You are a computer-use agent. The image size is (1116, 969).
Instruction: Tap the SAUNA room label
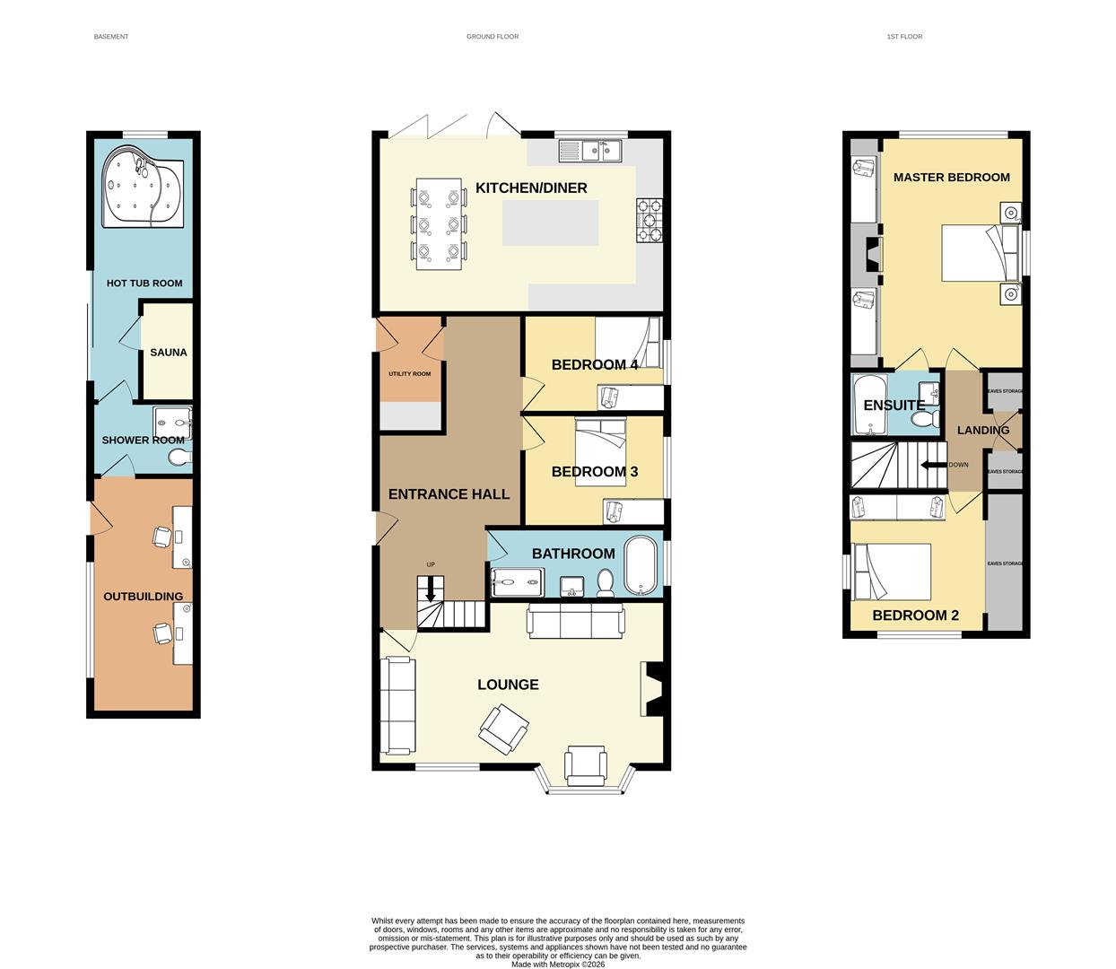coord(169,353)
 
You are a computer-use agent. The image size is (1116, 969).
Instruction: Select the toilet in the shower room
coord(179,458)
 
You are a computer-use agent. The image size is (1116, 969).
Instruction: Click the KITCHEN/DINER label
coord(531,188)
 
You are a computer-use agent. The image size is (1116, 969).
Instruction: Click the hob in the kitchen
coord(649,221)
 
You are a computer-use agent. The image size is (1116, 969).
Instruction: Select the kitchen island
coord(550,223)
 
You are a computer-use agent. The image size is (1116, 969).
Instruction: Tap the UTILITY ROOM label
coord(409,373)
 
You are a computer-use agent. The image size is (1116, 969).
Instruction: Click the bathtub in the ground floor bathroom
coord(641,566)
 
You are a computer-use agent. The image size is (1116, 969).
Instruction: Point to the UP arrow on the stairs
coord(431,588)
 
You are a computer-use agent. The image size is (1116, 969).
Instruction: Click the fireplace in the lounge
coord(652,689)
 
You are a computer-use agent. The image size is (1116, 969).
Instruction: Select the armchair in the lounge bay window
coord(586,766)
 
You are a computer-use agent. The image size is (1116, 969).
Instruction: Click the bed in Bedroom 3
coord(600,453)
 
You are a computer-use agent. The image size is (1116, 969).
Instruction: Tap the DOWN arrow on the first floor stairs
coord(936,465)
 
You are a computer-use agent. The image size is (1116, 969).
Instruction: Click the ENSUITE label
coord(894,406)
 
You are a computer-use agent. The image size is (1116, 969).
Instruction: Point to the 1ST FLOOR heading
coord(904,37)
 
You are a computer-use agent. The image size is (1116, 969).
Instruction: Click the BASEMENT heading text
coord(111,37)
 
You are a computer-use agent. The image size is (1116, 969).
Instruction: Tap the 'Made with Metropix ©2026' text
coord(558,965)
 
